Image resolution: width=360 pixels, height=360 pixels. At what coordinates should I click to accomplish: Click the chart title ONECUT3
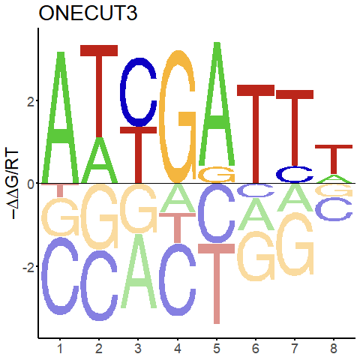(88, 13)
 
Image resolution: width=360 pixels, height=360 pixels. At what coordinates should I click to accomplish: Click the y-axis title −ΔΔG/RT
(13, 184)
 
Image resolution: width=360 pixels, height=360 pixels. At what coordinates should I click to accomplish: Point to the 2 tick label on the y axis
(31, 100)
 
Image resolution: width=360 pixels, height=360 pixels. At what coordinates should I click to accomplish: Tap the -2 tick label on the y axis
(28, 267)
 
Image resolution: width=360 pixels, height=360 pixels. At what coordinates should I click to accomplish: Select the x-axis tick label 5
(217, 348)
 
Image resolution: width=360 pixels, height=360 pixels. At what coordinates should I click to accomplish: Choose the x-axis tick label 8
(334, 348)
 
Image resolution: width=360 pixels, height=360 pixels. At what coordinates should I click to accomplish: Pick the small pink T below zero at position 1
(60, 190)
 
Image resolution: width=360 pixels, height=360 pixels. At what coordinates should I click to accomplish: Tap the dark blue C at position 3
(138, 92)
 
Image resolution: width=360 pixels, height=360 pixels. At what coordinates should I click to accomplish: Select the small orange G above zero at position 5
(217, 174)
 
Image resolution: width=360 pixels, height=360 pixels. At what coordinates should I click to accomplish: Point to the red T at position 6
(256, 134)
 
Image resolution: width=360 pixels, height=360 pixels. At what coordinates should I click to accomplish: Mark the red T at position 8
(334, 159)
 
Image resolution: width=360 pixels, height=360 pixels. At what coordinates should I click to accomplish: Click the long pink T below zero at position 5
(217, 283)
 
